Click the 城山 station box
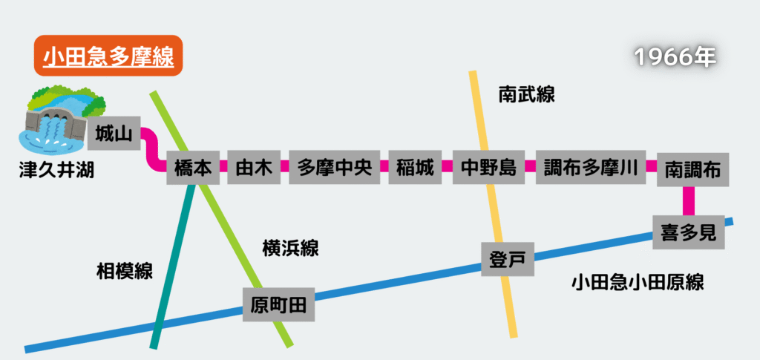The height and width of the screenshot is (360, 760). pos(114,134)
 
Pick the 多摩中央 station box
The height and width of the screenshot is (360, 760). pos(334,168)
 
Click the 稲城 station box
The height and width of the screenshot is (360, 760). pos(415,168)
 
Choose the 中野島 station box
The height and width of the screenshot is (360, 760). pos(488,168)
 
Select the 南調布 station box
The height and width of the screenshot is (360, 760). pos(693,168)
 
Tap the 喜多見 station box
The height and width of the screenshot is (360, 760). pos(688,234)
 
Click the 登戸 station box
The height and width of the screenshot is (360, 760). pos(508,259)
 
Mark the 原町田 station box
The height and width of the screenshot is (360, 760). pos(278,304)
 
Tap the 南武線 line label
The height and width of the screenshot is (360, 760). pos(526,94)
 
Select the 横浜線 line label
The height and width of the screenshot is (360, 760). pos(290,248)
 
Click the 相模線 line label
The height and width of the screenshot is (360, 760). pos(125,271)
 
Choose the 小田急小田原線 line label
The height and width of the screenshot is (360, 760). pos(638,282)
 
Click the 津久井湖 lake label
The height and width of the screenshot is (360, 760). pos(56,172)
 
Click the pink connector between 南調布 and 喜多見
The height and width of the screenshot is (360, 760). pos(689,200)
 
